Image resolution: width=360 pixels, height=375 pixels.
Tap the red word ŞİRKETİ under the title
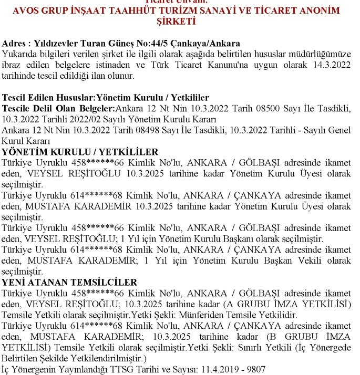[x=176, y=22]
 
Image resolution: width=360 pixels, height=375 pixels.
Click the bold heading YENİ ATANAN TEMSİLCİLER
[x=69, y=283]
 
